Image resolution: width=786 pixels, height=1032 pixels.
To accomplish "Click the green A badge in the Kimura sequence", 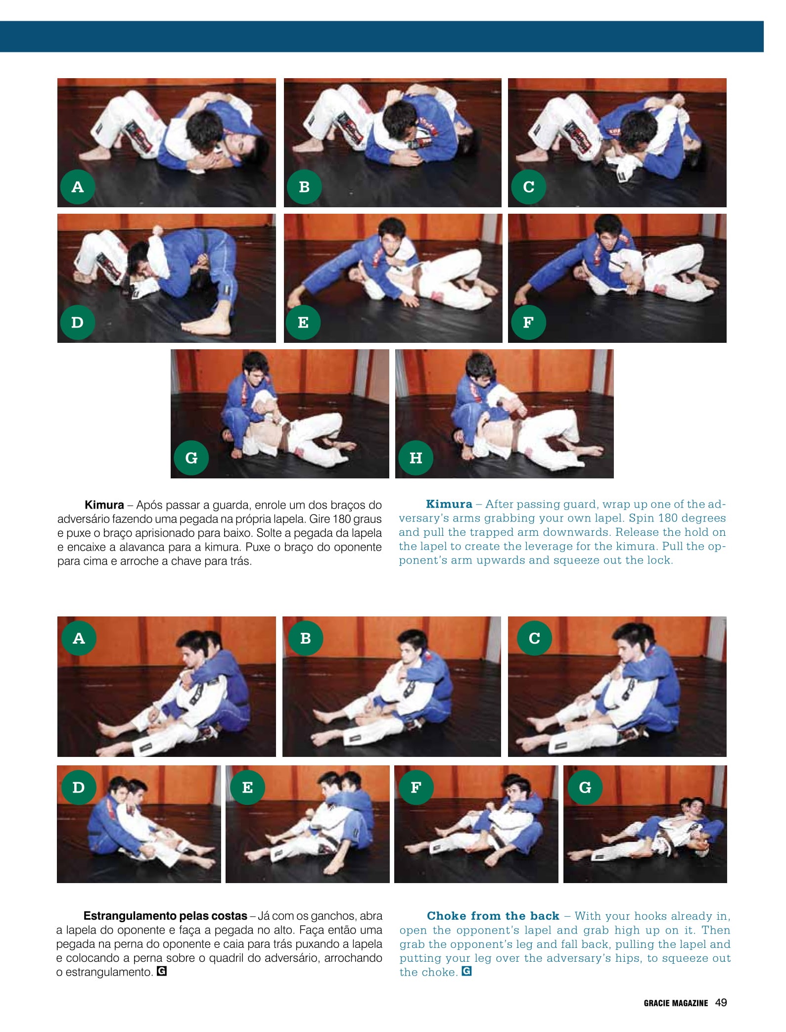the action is pos(78,187).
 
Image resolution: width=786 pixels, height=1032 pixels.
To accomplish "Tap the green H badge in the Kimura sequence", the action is pos(416,458).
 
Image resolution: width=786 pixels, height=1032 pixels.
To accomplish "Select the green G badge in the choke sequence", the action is pos(585,787).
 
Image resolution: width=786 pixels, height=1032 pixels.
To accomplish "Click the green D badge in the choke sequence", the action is pos(78,787).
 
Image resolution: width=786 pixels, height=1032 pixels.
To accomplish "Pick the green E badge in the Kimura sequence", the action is pos(303,322).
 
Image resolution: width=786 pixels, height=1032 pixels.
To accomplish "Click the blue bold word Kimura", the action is pos(449,504).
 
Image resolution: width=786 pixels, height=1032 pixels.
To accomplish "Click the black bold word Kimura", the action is pos(104,505).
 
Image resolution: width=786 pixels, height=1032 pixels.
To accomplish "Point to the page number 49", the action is pos(721,1002).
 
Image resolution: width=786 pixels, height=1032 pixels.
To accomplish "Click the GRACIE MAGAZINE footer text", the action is pos(676,1003).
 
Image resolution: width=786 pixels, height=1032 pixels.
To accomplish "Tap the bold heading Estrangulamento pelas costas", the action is pos(165,916).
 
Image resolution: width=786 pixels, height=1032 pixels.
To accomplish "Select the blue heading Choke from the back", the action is pos(493,916).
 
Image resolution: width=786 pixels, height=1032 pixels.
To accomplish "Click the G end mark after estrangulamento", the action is pos(161,971).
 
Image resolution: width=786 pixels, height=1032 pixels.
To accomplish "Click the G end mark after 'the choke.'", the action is pos(466,971).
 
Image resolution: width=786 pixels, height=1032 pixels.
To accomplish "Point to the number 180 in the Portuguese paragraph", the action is pos(341,519).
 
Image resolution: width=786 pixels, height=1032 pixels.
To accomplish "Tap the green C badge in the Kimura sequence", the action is pos(528,187).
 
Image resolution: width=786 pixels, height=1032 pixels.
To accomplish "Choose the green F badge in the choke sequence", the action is pos(416,787).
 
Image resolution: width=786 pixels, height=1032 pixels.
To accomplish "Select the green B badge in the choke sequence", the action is pos(305,638).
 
